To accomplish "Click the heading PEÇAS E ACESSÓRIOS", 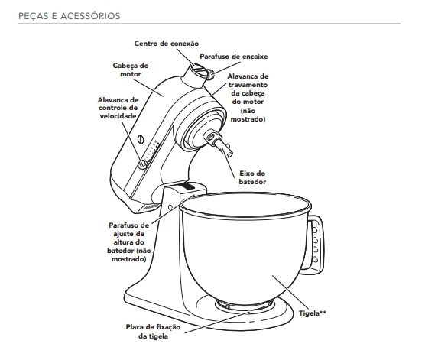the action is [69, 16].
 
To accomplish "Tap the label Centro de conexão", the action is [167, 44].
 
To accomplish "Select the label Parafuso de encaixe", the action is [234, 57].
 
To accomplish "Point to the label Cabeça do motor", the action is [131, 70].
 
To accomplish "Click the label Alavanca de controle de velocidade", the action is [118, 108].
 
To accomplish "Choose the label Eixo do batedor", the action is [252, 177].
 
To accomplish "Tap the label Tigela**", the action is [313, 313].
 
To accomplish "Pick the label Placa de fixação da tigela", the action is [153, 332].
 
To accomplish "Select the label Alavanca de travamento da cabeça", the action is [248, 97].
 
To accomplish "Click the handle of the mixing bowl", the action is [316, 243].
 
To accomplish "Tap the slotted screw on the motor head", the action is [141, 140].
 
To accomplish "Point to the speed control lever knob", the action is [142, 164].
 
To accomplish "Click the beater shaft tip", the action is [229, 153].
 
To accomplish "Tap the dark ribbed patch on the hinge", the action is [187, 186].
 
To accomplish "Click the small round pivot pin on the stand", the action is [170, 207].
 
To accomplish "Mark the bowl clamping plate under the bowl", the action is [245, 305].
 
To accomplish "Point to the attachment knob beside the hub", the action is [209, 74].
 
